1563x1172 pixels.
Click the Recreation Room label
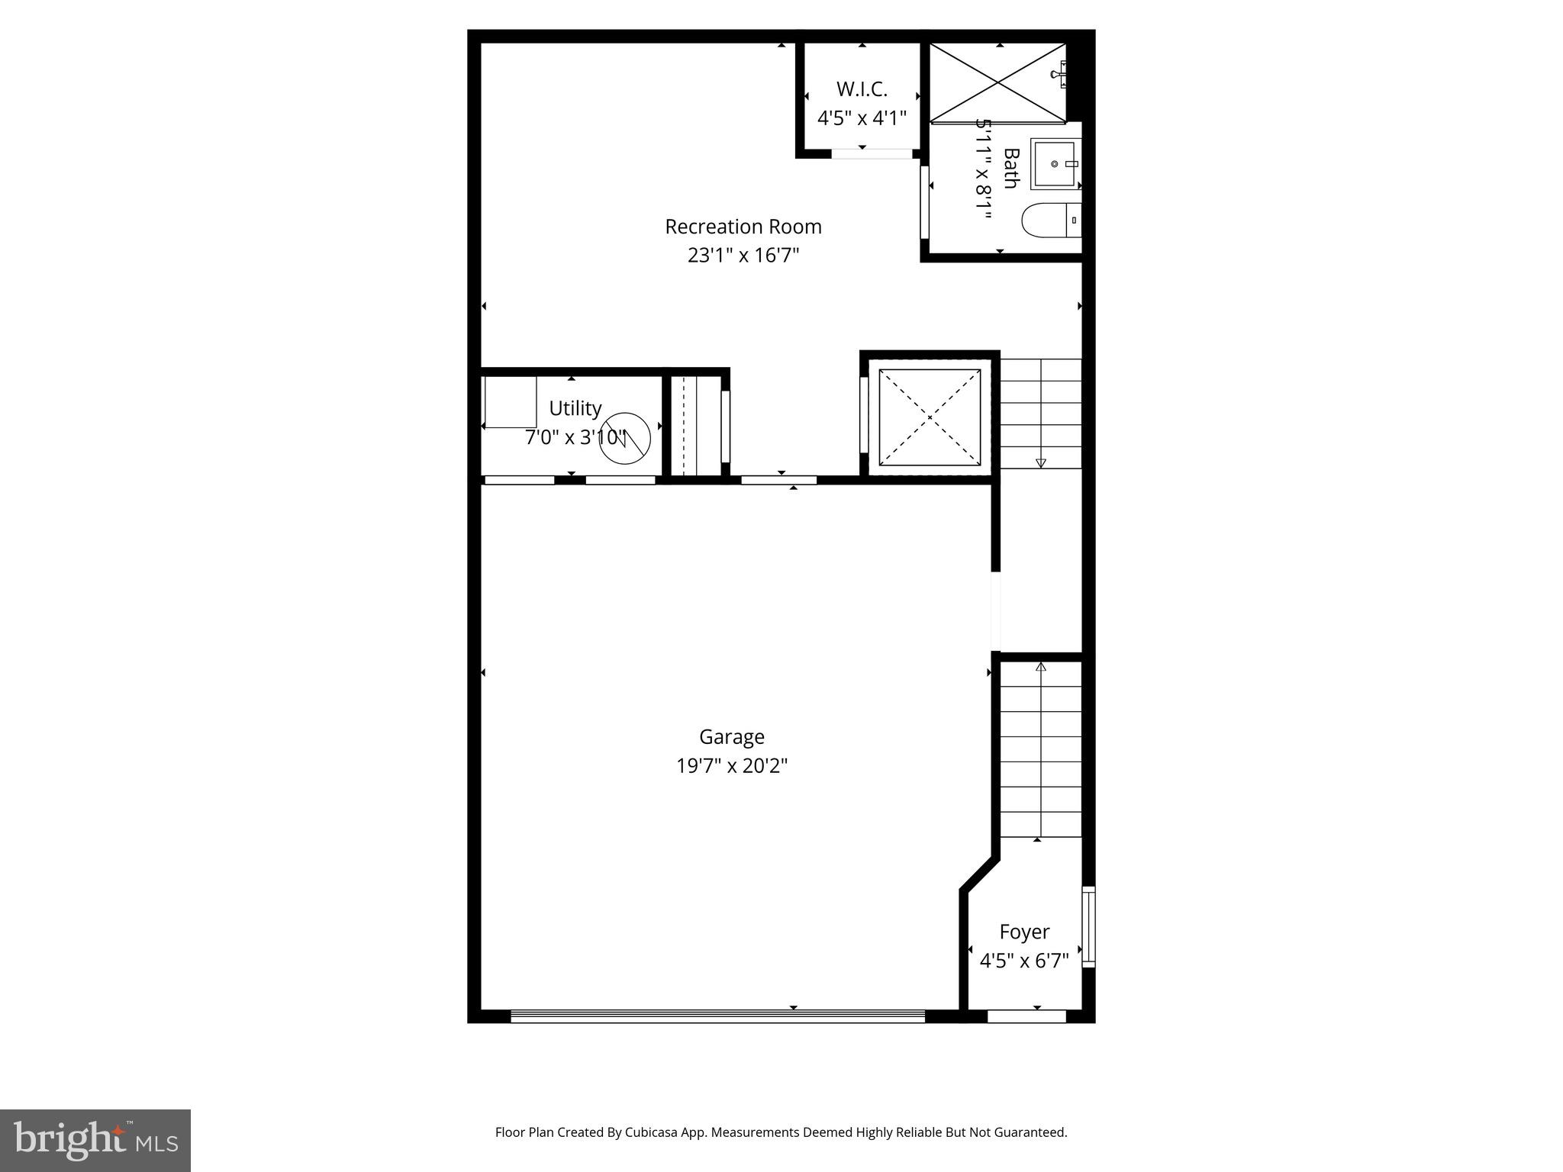click(743, 227)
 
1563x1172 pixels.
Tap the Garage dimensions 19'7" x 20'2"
click(731, 765)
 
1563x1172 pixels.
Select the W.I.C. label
click(862, 89)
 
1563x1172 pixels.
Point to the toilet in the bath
click(1049, 220)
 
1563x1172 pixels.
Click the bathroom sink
click(1055, 163)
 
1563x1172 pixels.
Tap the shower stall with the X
click(997, 82)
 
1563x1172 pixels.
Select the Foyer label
click(1024, 932)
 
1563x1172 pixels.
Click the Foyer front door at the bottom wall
click(1026, 1016)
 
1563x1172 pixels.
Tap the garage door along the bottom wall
click(717, 1016)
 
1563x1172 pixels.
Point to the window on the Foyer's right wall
click(1088, 926)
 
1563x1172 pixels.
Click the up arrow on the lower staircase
click(1040, 667)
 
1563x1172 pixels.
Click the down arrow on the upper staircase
click(1040, 462)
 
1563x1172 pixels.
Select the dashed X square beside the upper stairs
click(929, 417)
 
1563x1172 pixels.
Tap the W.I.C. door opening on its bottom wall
click(872, 153)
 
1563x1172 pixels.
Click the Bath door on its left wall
click(923, 201)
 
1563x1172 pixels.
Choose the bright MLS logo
click(95, 1141)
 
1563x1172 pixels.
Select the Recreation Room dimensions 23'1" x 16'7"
click(743, 255)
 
